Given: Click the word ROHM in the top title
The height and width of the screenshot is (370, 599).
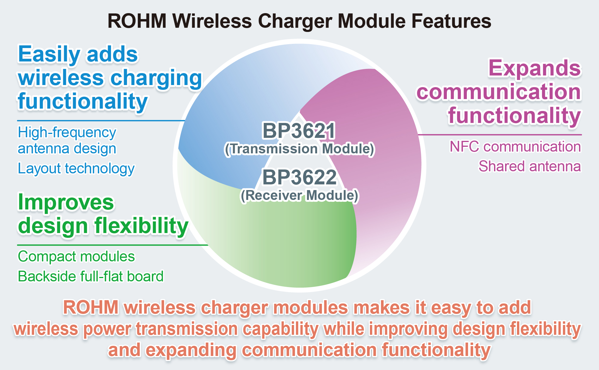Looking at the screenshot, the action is [x=137, y=21].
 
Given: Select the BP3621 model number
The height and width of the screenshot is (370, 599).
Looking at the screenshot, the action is [x=299, y=131].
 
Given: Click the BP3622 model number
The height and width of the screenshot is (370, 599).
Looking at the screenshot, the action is [x=299, y=177].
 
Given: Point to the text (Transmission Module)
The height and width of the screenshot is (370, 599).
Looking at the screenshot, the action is [x=299, y=149].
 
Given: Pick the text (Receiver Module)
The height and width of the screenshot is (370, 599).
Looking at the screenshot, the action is [x=299, y=195].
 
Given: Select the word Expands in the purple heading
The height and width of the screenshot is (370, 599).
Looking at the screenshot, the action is [x=535, y=68].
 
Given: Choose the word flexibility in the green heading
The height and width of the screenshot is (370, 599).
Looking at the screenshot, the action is [x=141, y=226].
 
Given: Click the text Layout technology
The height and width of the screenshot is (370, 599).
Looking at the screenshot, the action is [x=76, y=169].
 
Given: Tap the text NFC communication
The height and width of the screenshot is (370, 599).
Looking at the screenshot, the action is [x=515, y=147].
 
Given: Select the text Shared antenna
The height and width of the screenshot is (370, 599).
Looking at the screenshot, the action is [x=530, y=166].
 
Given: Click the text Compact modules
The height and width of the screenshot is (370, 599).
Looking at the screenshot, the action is [x=76, y=257].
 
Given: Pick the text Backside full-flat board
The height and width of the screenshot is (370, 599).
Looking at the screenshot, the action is [x=91, y=276].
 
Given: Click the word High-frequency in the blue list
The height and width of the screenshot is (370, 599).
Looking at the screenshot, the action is [x=67, y=133].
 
